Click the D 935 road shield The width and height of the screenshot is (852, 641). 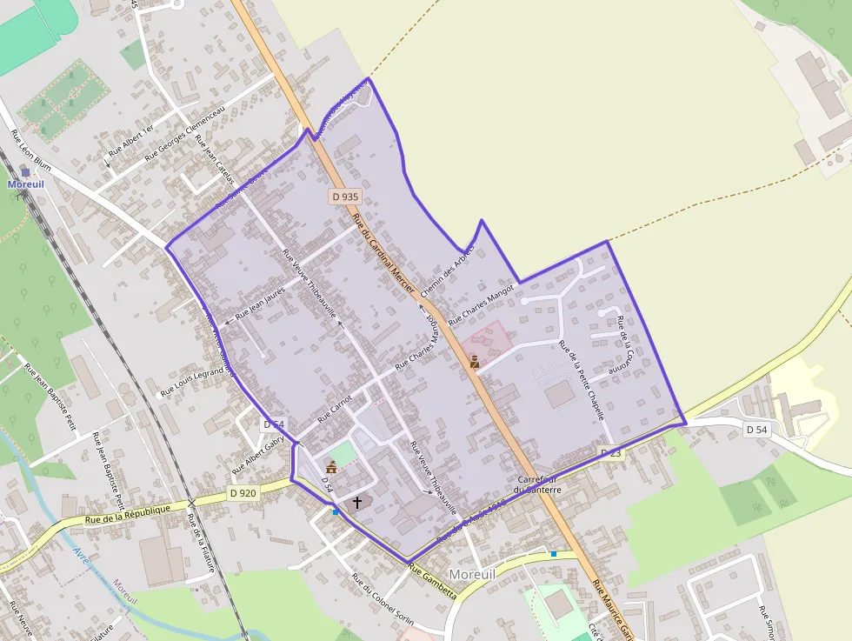[x=345, y=197]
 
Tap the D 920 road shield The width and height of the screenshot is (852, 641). [x=243, y=493]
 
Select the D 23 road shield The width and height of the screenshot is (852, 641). [x=611, y=453]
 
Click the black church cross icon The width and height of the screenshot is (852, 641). [x=356, y=503]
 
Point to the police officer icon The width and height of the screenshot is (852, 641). [x=475, y=362]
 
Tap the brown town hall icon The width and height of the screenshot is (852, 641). [x=330, y=467]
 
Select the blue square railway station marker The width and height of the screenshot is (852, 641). [x=25, y=172]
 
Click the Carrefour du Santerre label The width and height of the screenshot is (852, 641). [x=537, y=484]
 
